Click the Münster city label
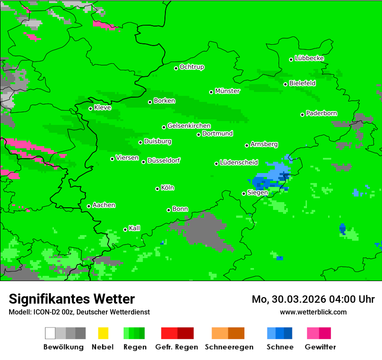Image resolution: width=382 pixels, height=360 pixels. point(227,91)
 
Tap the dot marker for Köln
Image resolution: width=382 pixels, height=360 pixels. point(158,189)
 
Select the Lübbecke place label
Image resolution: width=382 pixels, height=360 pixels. point(309,58)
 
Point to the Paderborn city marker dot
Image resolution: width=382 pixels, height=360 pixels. point(303,115)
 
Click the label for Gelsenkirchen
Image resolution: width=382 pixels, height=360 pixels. point(189,126)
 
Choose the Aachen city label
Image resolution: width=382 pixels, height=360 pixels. point(104,205)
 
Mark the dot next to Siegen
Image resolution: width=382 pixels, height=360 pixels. point(244,194)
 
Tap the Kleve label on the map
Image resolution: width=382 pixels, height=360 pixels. point(102,108)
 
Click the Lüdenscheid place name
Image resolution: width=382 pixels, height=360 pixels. point(239,163)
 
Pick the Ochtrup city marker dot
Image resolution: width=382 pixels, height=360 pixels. point(176,68)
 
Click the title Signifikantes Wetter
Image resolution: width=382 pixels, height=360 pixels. point(72,299)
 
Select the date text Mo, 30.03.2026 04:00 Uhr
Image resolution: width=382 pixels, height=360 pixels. point(313,299)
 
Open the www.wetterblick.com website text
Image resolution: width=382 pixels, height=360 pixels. point(313,312)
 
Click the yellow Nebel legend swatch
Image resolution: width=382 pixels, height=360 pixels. point(103,333)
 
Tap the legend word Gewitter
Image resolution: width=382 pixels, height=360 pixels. point(320,347)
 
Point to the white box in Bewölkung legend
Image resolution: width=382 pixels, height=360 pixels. point(50,333)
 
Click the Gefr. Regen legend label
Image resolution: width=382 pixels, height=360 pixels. point(177,347)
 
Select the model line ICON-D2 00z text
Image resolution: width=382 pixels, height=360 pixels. point(79,312)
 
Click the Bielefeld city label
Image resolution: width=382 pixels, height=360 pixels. point(302,83)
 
